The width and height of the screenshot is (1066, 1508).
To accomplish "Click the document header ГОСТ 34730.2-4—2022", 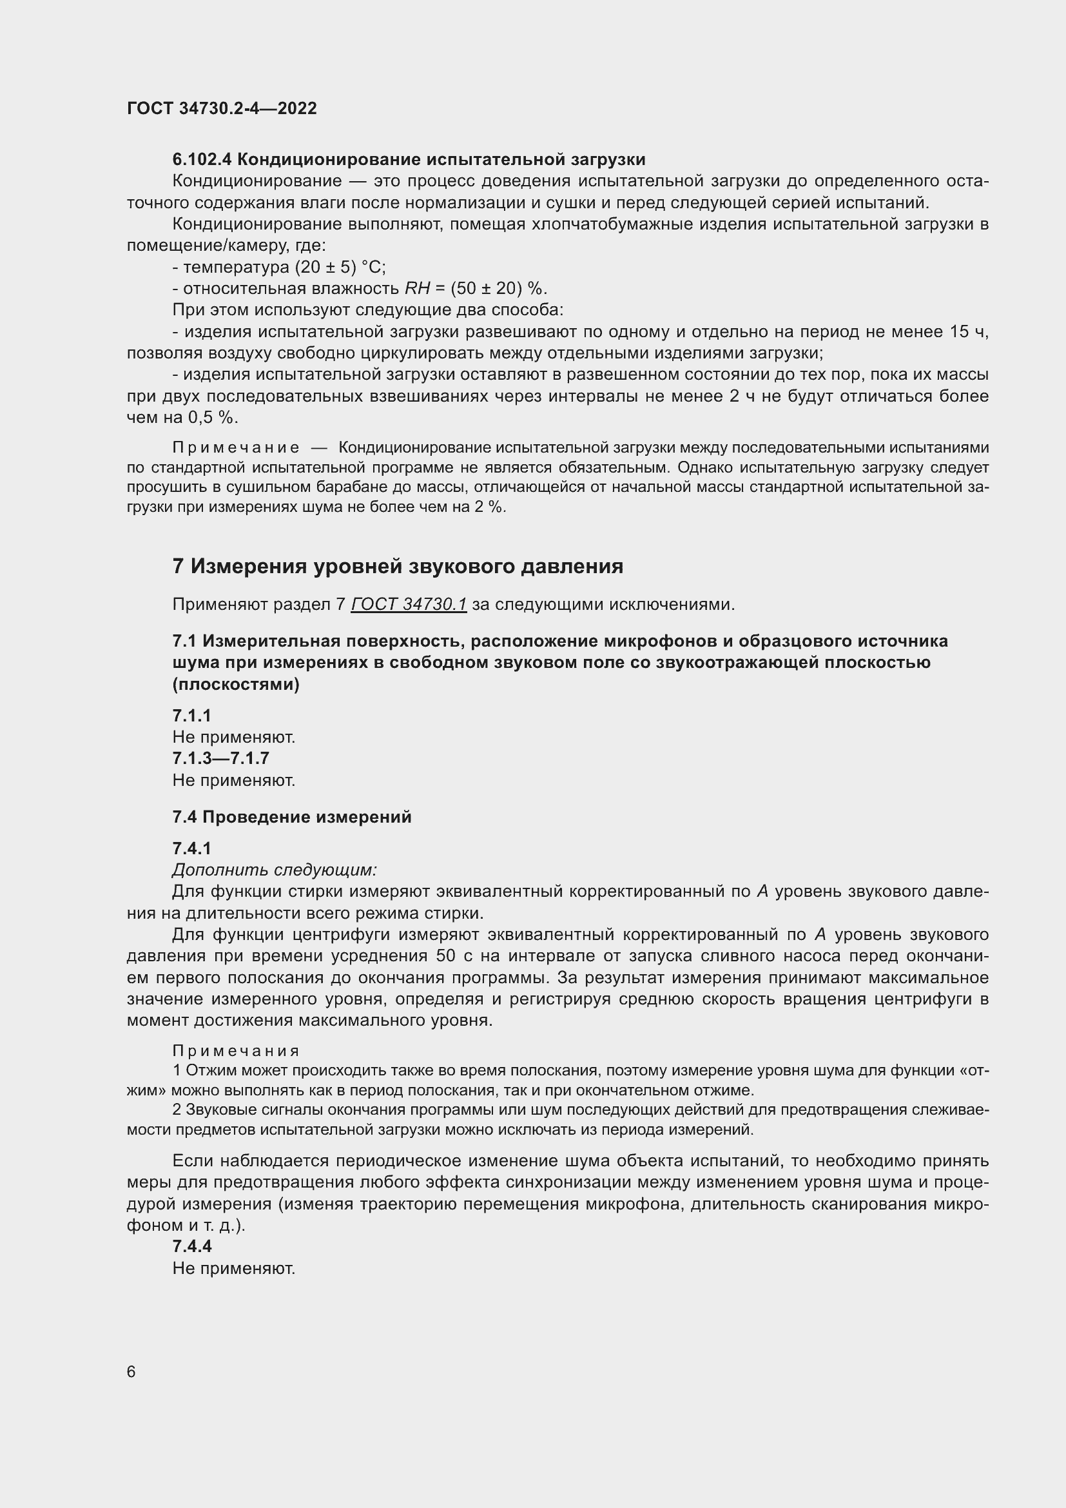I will click(x=222, y=108).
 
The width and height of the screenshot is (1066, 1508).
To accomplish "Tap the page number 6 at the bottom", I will click(x=131, y=1371).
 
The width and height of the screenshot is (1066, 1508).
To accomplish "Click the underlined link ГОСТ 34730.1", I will click(x=408, y=603).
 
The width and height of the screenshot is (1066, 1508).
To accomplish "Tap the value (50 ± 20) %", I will click(x=498, y=289).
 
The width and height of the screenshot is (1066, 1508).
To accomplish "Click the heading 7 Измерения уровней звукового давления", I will click(x=398, y=565).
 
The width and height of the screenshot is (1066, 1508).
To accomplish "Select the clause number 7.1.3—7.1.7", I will click(x=220, y=759).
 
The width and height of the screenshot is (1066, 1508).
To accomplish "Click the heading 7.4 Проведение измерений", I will click(x=292, y=817).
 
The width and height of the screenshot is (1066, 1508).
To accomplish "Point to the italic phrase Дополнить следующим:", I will click(x=275, y=870).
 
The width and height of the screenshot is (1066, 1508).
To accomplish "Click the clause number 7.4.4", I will click(x=191, y=1246).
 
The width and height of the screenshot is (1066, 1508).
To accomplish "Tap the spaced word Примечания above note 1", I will click(x=236, y=1051).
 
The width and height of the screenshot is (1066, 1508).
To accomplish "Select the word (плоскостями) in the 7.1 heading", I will click(x=236, y=685).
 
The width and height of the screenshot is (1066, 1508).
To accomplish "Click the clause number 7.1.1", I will click(x=191, y=715).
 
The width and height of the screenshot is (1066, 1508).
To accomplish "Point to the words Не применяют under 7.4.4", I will click(x=234, y=1268).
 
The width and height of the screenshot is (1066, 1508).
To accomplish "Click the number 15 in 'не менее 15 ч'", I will click(x=958, y=331).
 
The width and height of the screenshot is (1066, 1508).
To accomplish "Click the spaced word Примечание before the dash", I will click(x=236, y=448).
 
